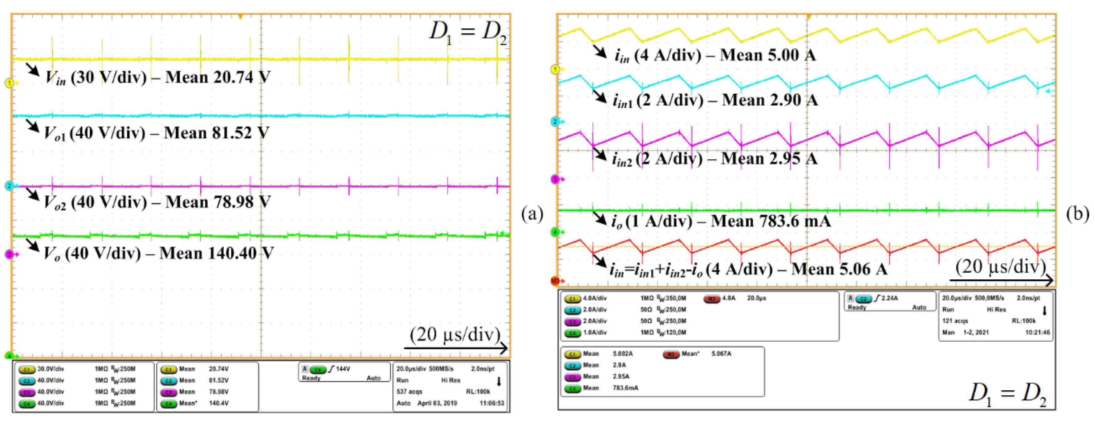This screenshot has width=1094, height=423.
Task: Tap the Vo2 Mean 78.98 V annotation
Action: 157,202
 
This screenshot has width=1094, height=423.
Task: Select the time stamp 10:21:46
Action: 1037,332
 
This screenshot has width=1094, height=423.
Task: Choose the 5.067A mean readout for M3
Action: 721,353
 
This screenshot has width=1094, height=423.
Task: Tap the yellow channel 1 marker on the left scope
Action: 9,83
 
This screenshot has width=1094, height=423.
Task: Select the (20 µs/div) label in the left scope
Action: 455,335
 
